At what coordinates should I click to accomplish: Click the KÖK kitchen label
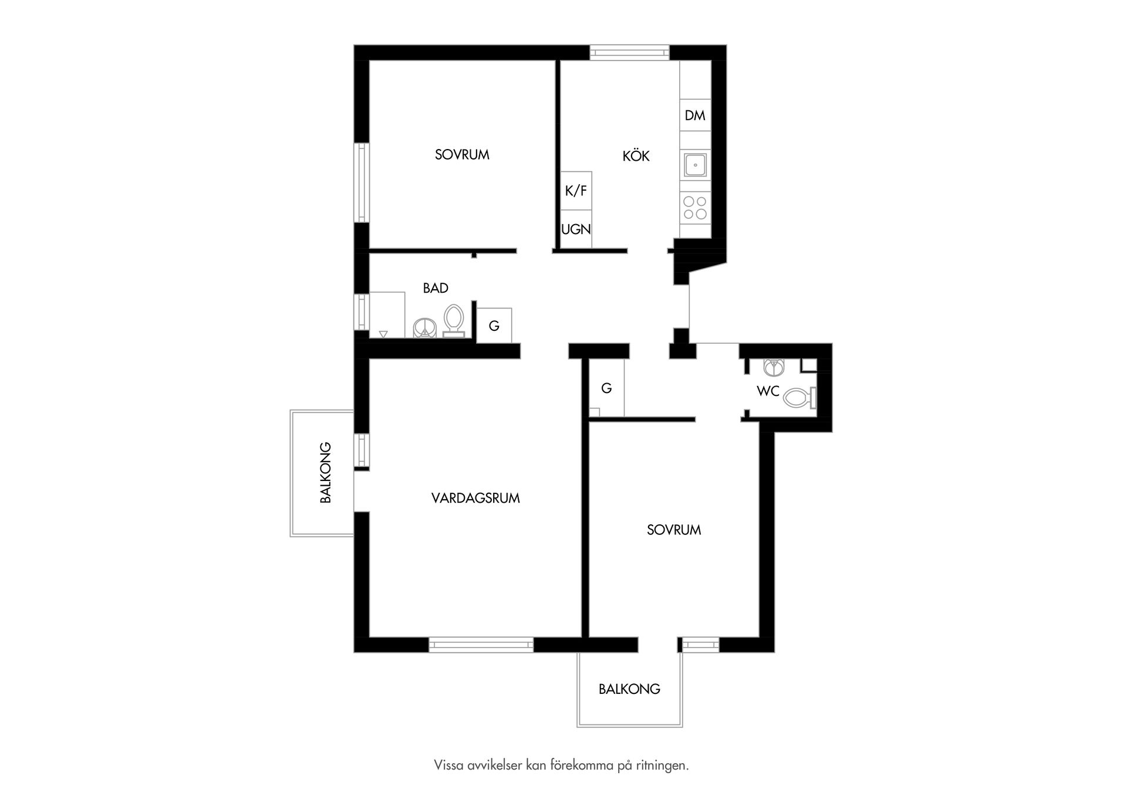(x=636, y=156)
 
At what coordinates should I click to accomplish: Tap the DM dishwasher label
(x=695, y=116)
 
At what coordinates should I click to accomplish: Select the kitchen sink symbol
(x=696, y=165)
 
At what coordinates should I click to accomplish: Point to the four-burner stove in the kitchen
(x=696, y=208)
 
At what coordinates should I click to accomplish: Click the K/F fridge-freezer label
(x=576, y=191)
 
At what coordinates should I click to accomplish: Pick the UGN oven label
(x=576, y=229)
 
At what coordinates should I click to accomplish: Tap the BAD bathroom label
(x=436, y=288)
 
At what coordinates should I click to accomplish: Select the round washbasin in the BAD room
(x=425, y=327)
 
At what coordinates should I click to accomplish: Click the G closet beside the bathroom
(x=494, y=326)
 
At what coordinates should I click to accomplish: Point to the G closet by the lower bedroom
(x=606, y=388)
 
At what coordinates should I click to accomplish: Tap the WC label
(x=768, y=391)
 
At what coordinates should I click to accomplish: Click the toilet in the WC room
(x=799, y=398)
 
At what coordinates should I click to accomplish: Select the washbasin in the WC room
(x=774, y=367)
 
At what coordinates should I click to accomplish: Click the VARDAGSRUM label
(x=475, y=498)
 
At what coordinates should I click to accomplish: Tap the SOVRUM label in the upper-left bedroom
(x=462, y=155)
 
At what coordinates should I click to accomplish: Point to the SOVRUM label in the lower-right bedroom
(x=674, y=530)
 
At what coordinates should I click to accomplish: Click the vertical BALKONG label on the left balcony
(x=326, y=473)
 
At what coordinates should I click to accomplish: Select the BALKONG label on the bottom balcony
(x=629, y=689)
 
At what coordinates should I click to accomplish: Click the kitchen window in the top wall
(x=629, y=53)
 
